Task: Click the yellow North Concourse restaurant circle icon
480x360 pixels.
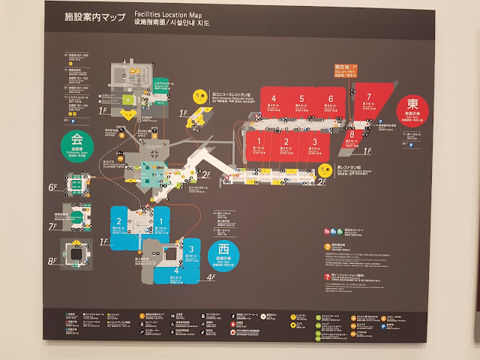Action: [199, 95]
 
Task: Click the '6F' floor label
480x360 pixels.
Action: [52, 187]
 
